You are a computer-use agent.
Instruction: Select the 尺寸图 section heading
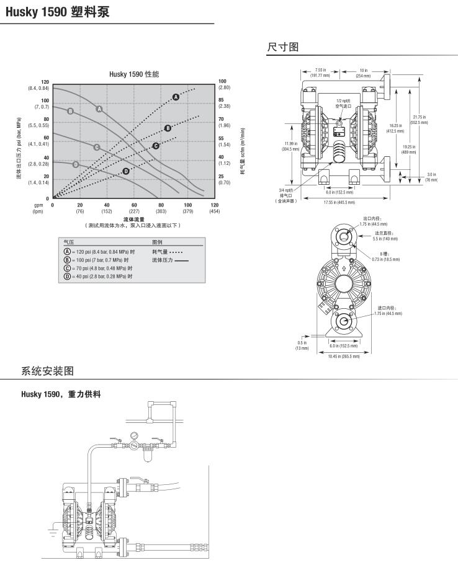tap(284, 47)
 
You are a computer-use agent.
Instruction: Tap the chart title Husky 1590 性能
tap(134, 74)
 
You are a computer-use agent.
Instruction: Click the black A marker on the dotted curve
tap(176, 97)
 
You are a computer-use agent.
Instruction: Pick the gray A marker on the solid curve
tap(99, 109)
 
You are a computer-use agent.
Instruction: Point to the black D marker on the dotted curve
tap(126, 171)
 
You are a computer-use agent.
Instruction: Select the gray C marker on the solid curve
tap(97, 147)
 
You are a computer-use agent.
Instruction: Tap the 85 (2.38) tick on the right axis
tap(224, 103)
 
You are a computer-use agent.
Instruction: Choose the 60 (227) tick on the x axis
tap(134, 208)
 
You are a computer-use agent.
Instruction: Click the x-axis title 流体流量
tap(133, 219)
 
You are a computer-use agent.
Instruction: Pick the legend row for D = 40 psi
tap(98, 276)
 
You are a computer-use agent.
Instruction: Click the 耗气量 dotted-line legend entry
tap(167, 252)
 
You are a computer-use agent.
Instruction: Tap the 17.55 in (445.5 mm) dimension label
tap(339, 202)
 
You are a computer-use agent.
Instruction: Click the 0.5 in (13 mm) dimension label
tap(302, 345)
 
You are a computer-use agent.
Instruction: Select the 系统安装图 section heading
tap(48, 371)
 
